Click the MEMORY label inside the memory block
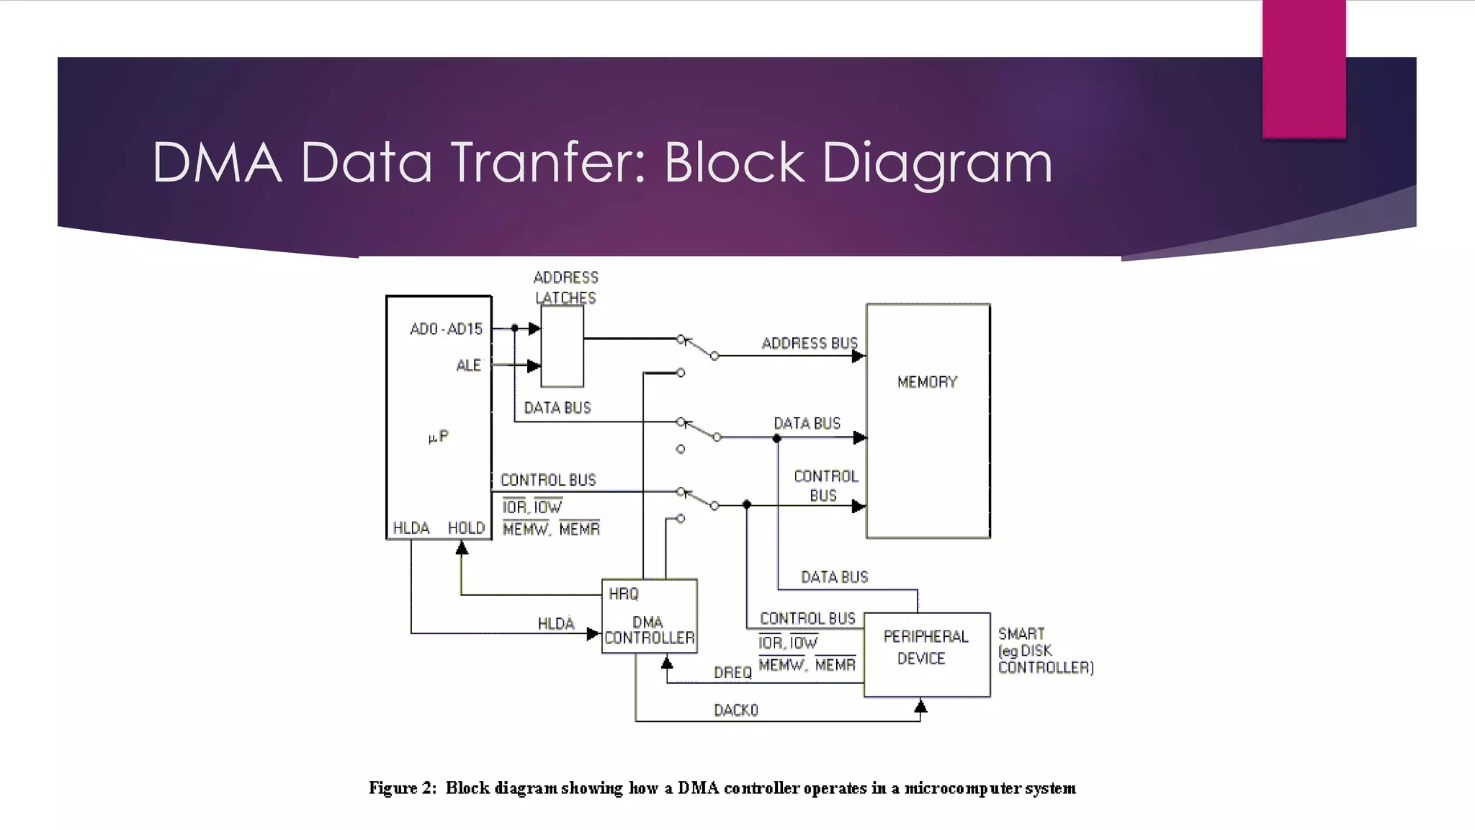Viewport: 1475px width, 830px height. [x=927, y=382]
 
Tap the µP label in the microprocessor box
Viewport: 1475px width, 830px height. [x=438, y=437]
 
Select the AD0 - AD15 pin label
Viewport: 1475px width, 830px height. [x=446, y=329]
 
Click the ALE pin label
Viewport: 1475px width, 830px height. [x=468, y=365]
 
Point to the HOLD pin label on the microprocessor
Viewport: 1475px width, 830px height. [x=466, y=528]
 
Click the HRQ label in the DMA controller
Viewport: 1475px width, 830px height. [x=624, y=594]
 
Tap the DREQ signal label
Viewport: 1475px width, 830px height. [x=732, y=672]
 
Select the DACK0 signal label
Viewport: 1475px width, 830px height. [x=735, y=710]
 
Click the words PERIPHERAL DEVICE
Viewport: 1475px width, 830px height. [x=925, y=647]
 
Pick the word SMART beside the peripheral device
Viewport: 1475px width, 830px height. [x=1021, y=633]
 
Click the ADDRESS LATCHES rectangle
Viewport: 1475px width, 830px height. [x=562, y=346]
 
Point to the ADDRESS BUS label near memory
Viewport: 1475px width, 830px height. [x=810, y=343]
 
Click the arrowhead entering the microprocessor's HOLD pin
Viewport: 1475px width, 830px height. [x=462, y=548]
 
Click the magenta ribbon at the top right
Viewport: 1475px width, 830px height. [x=1304, y=68]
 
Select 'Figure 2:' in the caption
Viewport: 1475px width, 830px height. [x=403, y=787]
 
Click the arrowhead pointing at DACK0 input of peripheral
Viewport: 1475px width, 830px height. [x=920, y=706]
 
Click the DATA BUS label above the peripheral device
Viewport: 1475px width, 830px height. [x=834, y=577]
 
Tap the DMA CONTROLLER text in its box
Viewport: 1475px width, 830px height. [x=649, y=630]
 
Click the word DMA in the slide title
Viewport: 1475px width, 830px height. [x=217, y=162]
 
